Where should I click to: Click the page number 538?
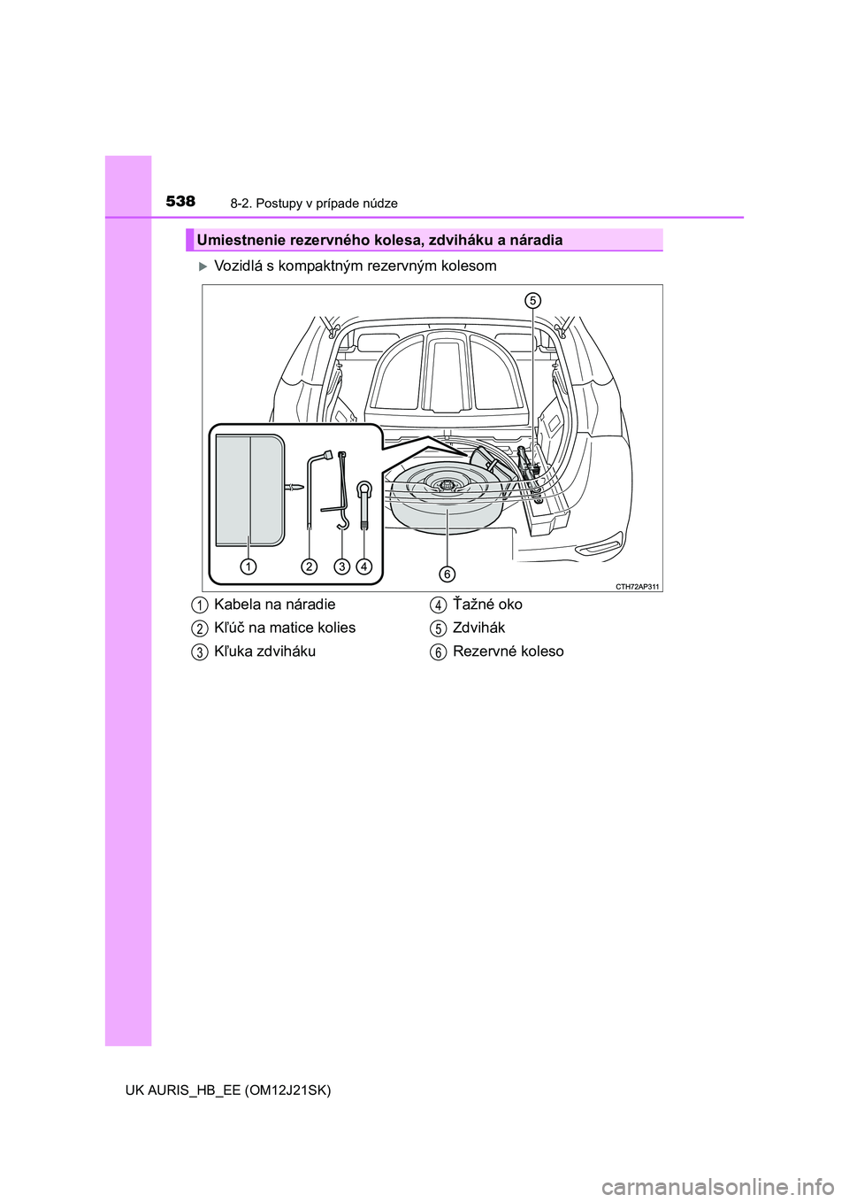click(x=180, y=202)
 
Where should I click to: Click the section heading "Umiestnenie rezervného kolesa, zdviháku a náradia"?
click(x=379, y=240)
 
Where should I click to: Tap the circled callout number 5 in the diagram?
click(x=533, y=299)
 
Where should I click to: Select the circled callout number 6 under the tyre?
click(x=447, y=574)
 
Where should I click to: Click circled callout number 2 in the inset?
click(x=309, y=566)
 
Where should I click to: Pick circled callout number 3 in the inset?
click(x=340, y=566)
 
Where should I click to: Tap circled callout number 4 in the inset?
click(x=364, y=566)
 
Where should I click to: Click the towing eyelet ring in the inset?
click(x=363, y=489)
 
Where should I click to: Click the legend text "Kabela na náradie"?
click(x=274, y=605)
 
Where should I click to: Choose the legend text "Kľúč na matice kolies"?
click(x=285, y=628)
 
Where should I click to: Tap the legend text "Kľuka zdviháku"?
click(x=264, y=651)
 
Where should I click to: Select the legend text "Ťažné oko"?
click(x=487, y=605)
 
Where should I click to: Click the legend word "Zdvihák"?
click(x=478, y=628)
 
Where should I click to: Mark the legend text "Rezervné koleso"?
click(x=508, y=651)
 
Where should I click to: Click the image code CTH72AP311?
click(x=638, y=586)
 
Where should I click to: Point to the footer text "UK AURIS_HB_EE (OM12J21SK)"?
click(x=218, y=1090)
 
